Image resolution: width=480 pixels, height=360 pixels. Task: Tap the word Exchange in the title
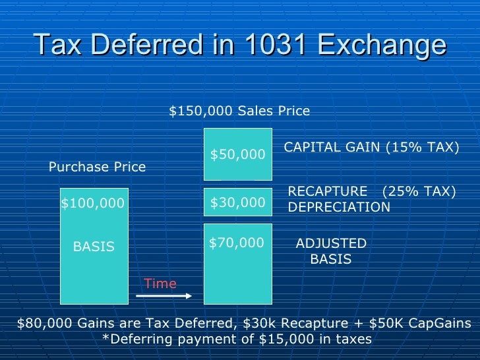tap(382, 46)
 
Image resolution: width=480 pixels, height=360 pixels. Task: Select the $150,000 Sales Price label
tap(239, 111)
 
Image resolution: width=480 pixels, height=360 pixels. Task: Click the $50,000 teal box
tap(238, 154)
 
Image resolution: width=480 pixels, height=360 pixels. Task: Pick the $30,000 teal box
tap(238, 203)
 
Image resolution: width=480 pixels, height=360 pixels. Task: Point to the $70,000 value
tap(237, 243)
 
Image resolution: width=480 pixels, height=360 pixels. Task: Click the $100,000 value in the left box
tap(93, 204)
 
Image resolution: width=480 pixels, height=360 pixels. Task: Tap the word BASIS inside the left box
tap(94, 247)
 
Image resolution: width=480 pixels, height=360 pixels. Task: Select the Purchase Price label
tap(98, 167)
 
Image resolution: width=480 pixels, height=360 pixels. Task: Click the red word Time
tap(160, 284)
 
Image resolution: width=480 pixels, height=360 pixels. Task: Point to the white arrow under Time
tap(164, 296)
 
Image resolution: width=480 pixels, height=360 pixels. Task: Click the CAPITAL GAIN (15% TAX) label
tap(371, 148)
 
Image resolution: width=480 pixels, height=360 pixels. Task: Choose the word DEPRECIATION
tap(340, 207)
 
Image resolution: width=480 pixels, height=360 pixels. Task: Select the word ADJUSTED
tap(331, 243)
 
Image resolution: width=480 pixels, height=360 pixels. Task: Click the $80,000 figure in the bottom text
tap(42, 323)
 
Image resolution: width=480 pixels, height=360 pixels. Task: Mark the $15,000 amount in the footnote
tap(284, 339)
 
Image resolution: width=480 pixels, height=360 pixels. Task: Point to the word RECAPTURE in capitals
tap(328, 191)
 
